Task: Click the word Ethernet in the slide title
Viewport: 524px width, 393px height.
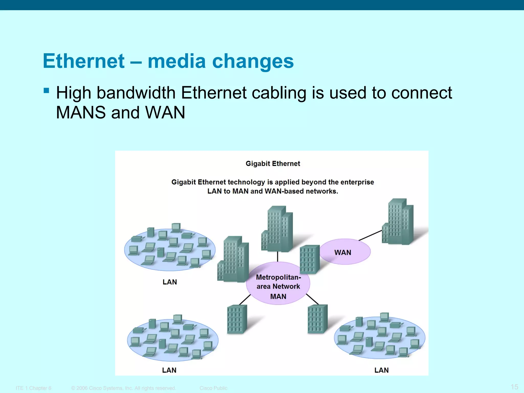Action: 84,61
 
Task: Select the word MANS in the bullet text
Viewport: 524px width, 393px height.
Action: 81,113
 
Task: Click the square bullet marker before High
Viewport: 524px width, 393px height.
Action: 46,90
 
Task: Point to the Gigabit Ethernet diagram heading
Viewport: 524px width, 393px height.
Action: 273,164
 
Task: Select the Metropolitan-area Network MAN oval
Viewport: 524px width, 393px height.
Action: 278,284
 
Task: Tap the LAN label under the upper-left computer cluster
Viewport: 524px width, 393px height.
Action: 170,282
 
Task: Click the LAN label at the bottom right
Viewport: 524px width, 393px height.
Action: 381,370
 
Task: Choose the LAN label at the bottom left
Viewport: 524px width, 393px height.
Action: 169,370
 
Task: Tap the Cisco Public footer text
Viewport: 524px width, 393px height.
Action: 213,388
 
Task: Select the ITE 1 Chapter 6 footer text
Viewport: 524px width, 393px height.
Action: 34,388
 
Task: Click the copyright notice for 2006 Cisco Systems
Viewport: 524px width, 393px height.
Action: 124,388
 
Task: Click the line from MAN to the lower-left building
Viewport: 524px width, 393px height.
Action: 245,300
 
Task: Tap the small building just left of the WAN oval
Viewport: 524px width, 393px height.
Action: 310,259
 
